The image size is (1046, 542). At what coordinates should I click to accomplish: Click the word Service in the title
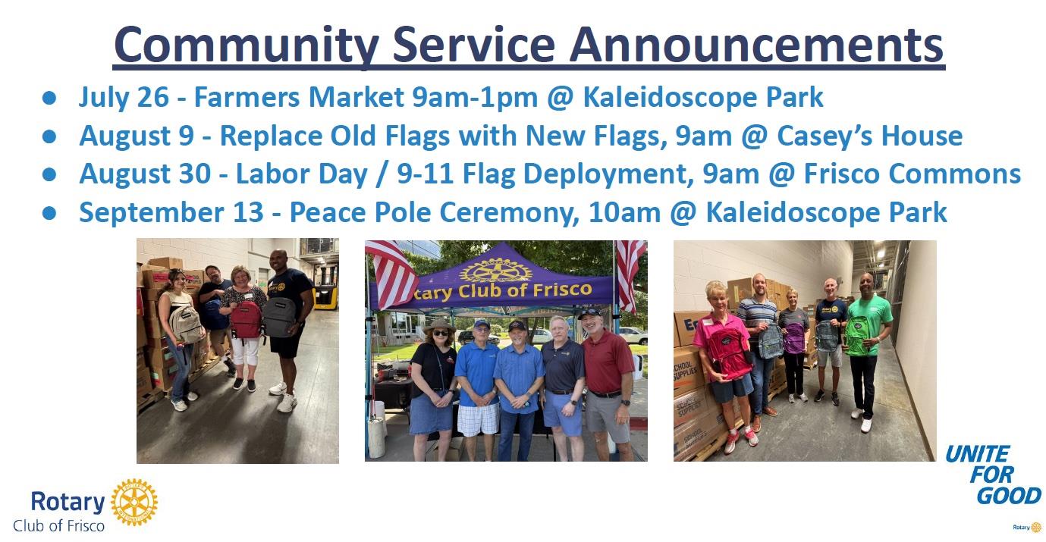tap(473, 45)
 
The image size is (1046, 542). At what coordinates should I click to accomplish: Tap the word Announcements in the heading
tap(756, 45)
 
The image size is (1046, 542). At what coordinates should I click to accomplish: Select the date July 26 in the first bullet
tap(124, 98)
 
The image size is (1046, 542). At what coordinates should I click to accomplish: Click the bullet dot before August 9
tap(49, 136)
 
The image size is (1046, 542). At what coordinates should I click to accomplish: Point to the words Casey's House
tap(869, 136)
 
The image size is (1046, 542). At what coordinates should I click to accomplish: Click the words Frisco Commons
tap(912, 174)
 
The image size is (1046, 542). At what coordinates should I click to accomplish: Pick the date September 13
tap(171, 213)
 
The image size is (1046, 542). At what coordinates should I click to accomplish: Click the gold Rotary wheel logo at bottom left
tap(134, 503)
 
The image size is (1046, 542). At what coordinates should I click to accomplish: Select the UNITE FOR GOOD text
tap(993, 475)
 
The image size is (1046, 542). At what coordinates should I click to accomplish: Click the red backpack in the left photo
tap(246, 319)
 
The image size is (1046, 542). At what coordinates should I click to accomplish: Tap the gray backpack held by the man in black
tap(280, 318)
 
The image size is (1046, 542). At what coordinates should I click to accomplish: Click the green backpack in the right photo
tap(857, 336)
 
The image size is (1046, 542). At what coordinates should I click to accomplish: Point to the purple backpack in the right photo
tap(794, 338)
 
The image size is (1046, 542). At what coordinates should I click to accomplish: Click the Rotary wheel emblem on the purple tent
tap(496, 271)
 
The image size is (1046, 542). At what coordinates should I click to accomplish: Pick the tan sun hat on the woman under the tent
tap(438, 325)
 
